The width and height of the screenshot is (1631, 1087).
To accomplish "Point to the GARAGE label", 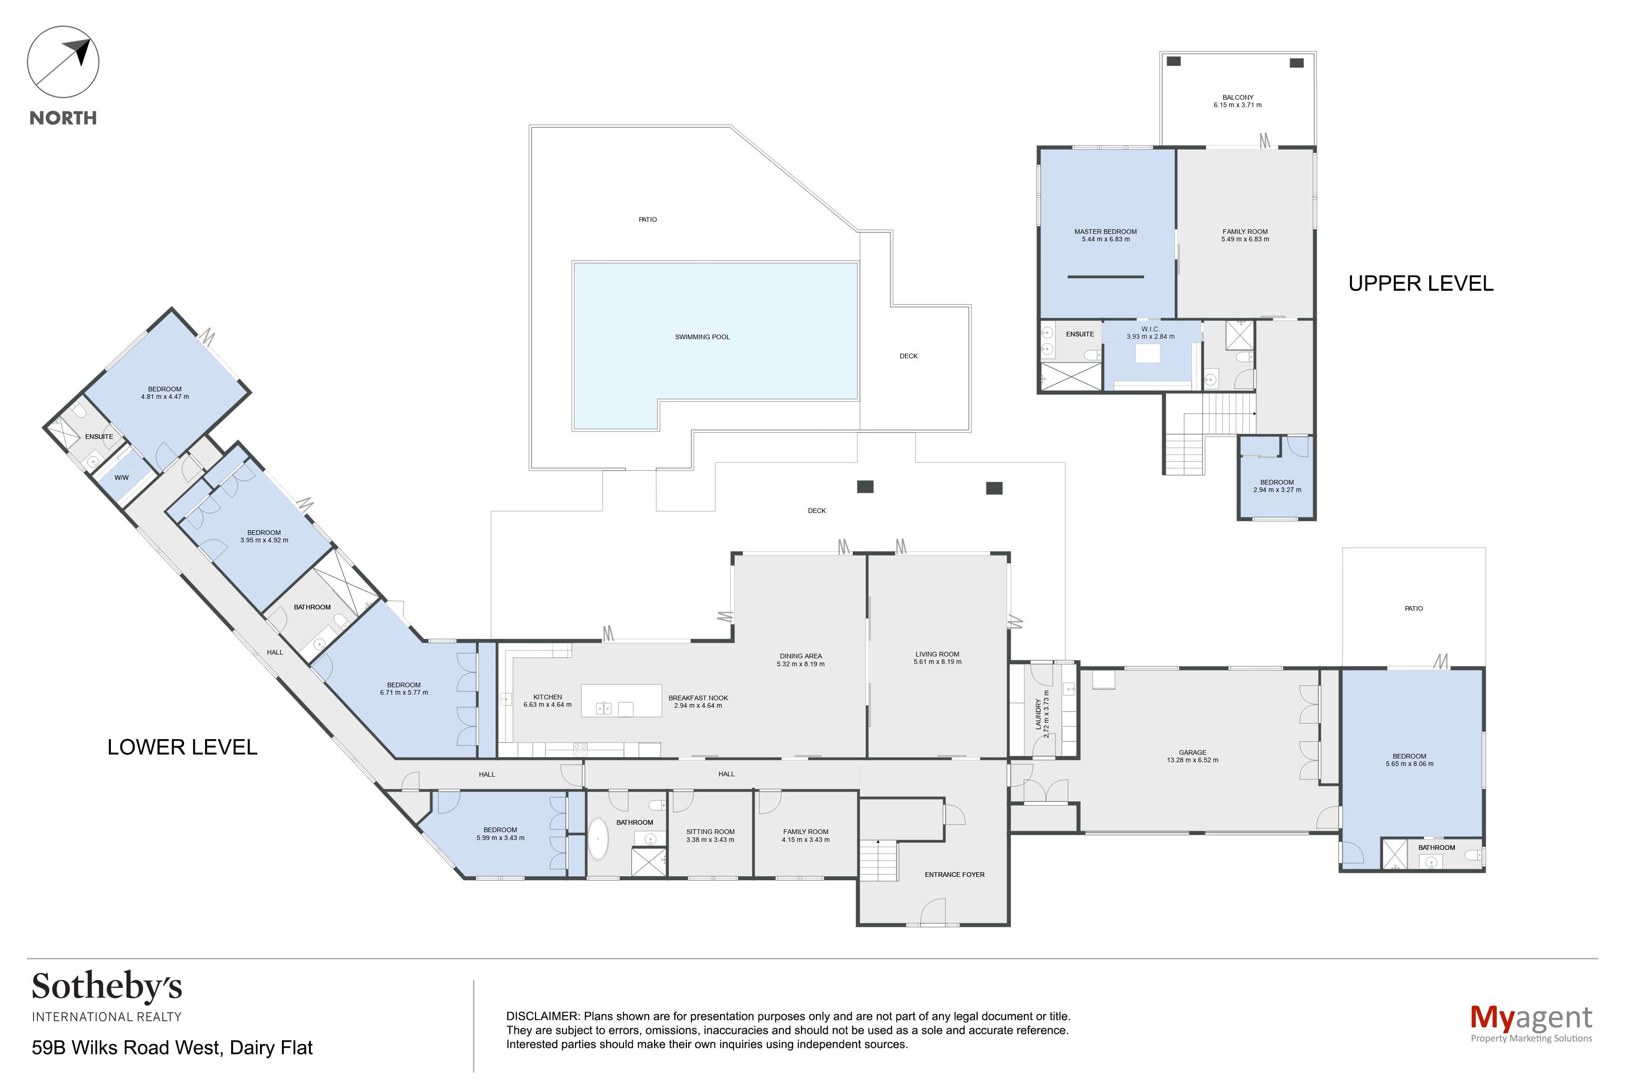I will [x=1192, y=752].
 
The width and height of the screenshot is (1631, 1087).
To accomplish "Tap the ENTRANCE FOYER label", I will [x=954, y=875].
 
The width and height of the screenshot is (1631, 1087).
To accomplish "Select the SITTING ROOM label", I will [x=710, y=832].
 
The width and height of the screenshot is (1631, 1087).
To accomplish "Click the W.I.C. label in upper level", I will [x=1150, y=329].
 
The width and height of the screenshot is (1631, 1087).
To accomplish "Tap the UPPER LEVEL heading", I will [x=1420, y=284].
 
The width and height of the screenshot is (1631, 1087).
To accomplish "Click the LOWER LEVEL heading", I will [x=182, y=747].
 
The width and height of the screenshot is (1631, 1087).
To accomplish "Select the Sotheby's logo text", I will [x=107, y=987].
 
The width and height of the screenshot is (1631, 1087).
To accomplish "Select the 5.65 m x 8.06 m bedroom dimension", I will [x=1409, y=764].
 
